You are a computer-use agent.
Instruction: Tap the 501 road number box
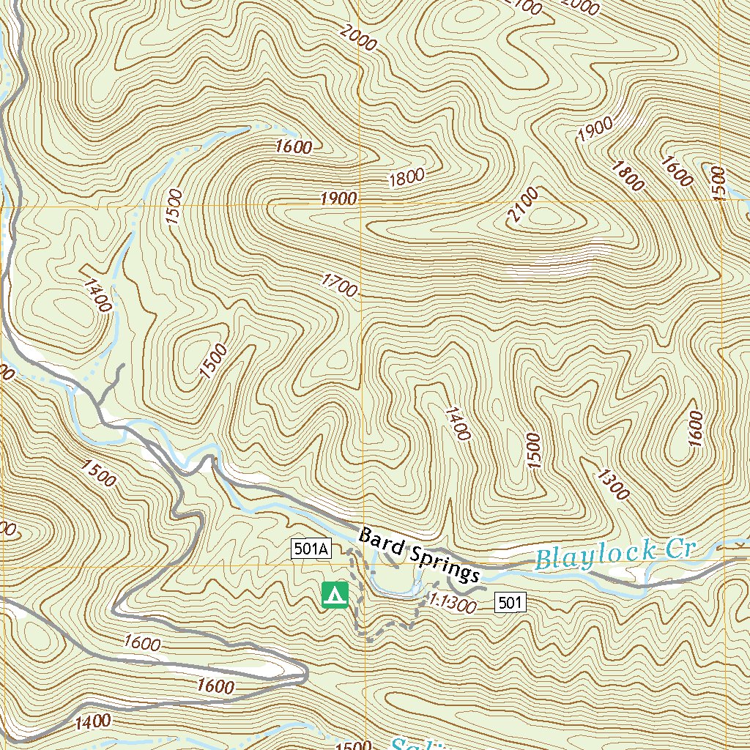510,603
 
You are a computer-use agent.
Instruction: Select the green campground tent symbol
335,594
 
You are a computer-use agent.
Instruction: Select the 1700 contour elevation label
339,285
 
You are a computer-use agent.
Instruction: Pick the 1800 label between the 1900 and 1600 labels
628,175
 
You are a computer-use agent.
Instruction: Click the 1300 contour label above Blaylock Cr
612,484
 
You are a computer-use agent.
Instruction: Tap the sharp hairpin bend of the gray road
302,675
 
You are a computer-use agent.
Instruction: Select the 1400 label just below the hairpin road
92,722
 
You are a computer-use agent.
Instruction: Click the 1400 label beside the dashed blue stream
97,295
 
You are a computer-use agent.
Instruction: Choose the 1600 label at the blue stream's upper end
294,146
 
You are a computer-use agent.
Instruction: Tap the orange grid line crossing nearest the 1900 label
360,205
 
